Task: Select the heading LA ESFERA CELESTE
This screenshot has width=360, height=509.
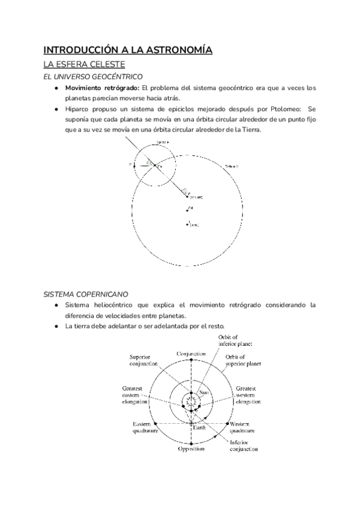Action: (x=80, y=65)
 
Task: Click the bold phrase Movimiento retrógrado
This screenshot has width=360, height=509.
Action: (x=101, y=88)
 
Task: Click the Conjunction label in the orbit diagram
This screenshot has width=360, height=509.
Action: (x=191, y=354)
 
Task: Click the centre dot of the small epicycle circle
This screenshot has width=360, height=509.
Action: (x=154, y=166)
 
